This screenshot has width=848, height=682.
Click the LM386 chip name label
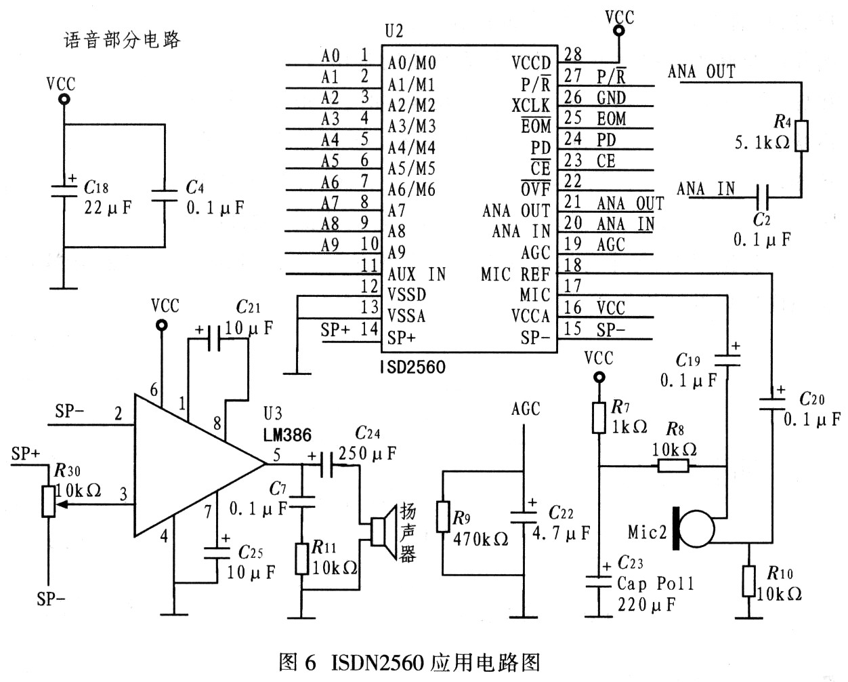[287, 435]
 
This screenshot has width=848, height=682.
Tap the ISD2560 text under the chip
[413, 367]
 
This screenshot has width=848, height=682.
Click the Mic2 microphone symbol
[694, 529]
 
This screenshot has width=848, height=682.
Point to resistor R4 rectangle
[801, 136]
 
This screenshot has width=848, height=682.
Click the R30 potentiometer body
[49, 502]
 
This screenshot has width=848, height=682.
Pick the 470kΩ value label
[480, 539]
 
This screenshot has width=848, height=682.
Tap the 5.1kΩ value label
[762, 143]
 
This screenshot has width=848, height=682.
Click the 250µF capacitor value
[367, 454]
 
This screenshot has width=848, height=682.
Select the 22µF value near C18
[108, 207]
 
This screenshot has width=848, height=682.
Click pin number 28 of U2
[572, 54]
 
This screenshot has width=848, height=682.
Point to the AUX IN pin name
[417, 274]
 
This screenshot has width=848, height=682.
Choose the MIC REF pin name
[515, 274]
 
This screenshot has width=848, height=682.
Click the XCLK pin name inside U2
[531, 106]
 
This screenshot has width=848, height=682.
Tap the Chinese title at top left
[122, 40]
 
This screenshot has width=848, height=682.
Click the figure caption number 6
[310, 662]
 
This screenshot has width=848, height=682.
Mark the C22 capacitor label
[561, 513]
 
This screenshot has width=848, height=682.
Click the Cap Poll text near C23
[655, 583]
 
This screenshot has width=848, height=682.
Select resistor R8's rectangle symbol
[673, 467]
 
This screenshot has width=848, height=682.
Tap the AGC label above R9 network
[526, 409]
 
